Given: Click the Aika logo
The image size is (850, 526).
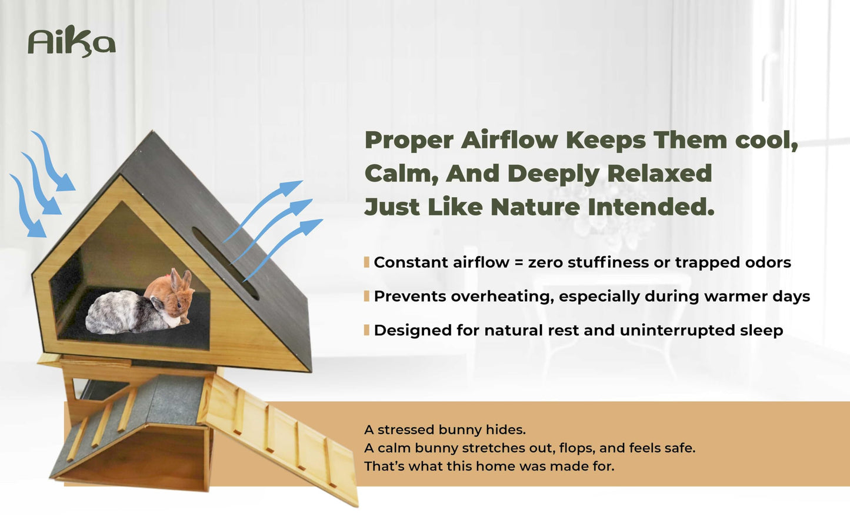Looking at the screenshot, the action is pos(71,41).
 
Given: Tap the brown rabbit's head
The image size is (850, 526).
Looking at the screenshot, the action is pos(180,292).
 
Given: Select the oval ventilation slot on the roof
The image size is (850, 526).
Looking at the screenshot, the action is pos(225,264).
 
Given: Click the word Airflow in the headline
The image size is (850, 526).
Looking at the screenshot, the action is pos(509,140).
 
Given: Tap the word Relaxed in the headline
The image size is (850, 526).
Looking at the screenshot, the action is pos(659,174).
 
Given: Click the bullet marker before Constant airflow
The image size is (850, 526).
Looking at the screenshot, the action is pos(366,262).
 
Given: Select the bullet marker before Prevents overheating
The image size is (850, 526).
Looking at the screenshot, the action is pos(366,296).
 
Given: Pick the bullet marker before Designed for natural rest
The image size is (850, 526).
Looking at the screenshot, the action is pos(366,330).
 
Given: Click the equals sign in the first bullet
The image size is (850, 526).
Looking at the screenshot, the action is pos(519,262).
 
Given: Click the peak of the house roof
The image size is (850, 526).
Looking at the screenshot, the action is pos(152,131).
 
